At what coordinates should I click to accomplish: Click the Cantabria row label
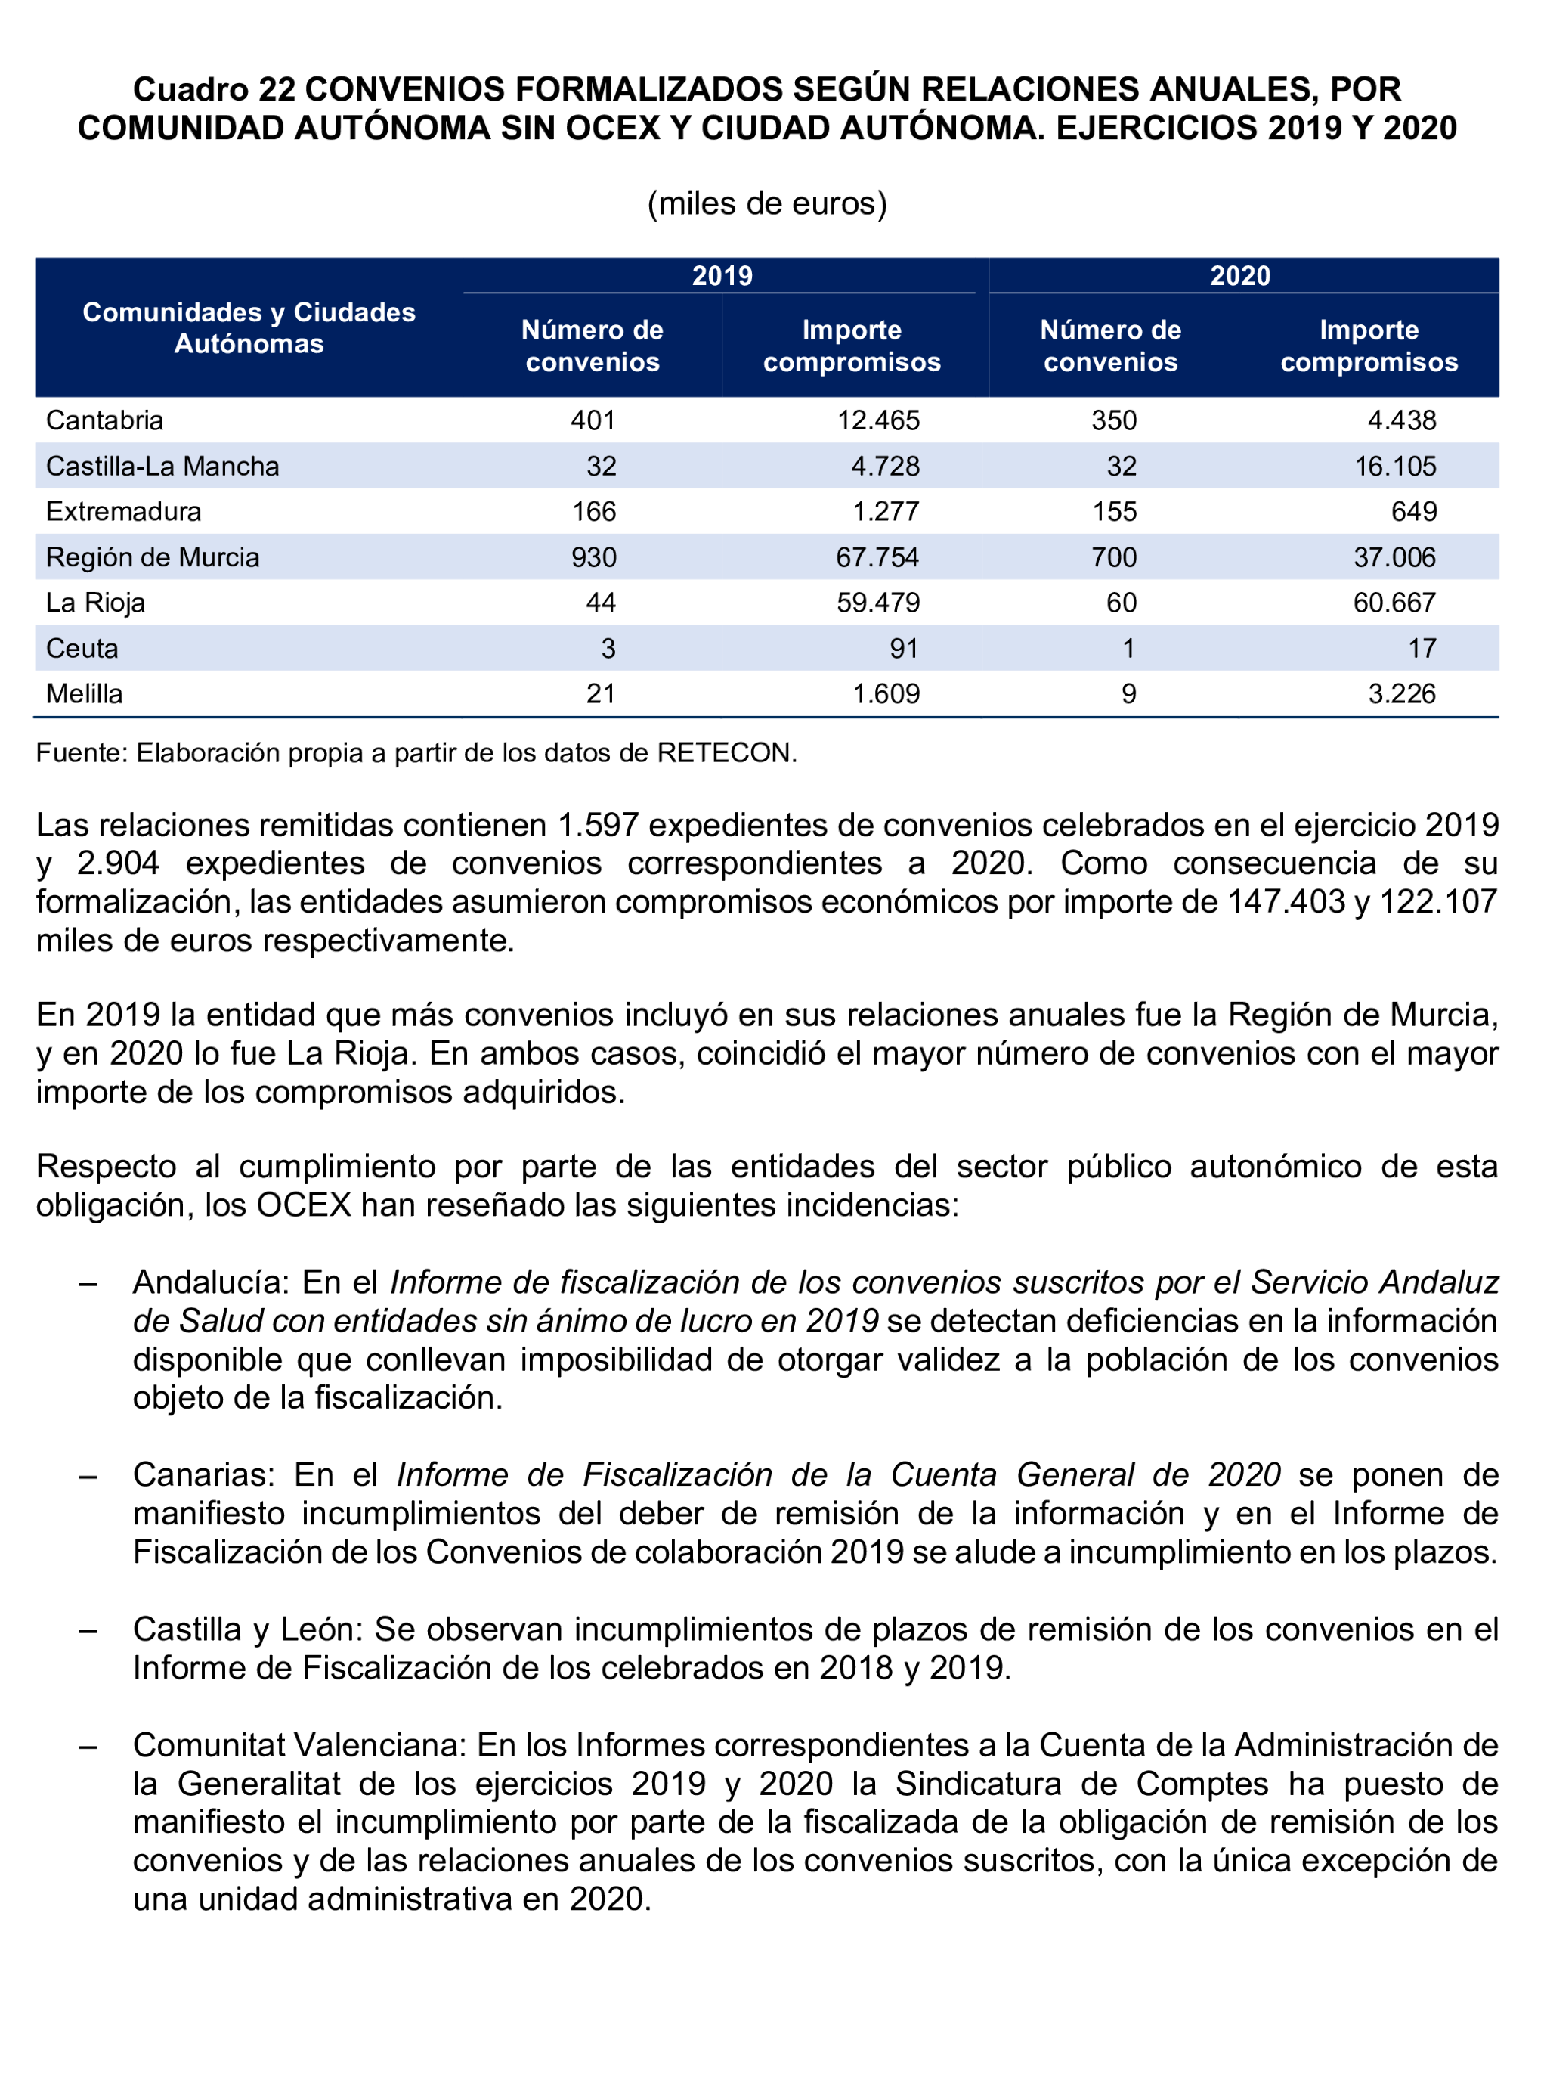click(105, 420)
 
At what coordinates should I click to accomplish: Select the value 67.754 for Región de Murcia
click(877, 557)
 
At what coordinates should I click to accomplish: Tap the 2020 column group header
click(1240, 276)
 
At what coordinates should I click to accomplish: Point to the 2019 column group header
click(722, 276)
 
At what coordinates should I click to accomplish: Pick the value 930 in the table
click(594, 557)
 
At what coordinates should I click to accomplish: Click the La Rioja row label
click(95, 603)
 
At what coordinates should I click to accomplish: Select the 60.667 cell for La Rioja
click(1394, 603)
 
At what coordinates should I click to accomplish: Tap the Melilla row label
click(85, 694)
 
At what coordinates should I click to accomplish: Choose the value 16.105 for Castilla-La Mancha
click(1394, 467)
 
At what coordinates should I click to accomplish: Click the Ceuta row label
click(82, 648)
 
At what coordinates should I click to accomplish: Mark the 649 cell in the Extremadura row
click(1413, 511)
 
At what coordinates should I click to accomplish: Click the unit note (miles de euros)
click(767, 203)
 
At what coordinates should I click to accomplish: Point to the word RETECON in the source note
click(725, 753)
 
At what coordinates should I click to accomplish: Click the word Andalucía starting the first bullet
click(208, 1282)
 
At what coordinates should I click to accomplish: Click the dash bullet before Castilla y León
click(88, 1629)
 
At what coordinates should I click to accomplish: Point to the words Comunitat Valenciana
click(299, 1746)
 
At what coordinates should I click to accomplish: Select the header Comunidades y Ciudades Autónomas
click(249, 328)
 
